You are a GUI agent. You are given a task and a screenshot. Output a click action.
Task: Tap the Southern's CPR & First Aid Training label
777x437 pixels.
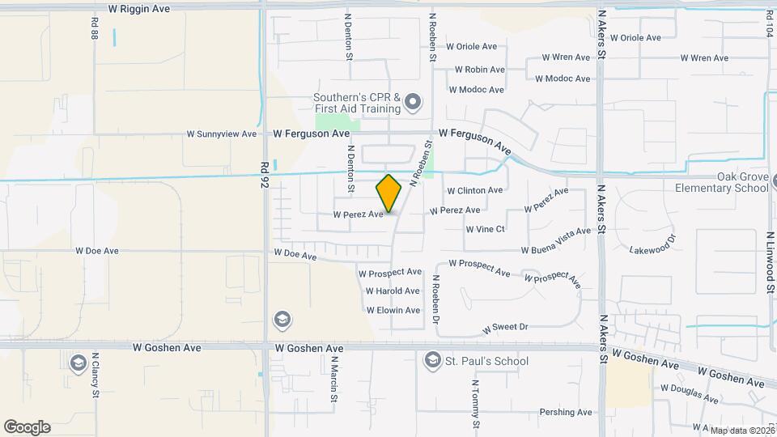click(357, 103)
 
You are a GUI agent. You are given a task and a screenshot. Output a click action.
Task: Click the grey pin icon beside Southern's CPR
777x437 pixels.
click(414, 102)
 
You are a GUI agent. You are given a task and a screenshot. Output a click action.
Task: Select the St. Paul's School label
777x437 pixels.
click(487, 361)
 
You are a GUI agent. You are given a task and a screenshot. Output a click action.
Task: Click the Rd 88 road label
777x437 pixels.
click(95, 31)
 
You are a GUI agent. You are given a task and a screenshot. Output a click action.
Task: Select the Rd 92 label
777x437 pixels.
click(265, 179)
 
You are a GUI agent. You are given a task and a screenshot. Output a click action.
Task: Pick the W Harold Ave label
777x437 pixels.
click(393, 291)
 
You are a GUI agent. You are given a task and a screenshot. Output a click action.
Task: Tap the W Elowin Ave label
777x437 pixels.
click(393, 311)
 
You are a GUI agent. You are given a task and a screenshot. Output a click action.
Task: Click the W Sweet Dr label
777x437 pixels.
click(505, 329)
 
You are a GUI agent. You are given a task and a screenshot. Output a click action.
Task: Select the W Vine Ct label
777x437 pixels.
click(485, 229)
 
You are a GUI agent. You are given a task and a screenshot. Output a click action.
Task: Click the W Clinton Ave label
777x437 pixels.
click(475, 190)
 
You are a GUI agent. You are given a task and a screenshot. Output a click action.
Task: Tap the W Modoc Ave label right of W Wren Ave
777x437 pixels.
click(563, 78)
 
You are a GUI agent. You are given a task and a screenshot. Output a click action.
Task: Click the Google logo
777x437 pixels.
click(27, 427)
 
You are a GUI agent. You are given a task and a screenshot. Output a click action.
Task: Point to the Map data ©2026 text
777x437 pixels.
click(741, 431)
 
